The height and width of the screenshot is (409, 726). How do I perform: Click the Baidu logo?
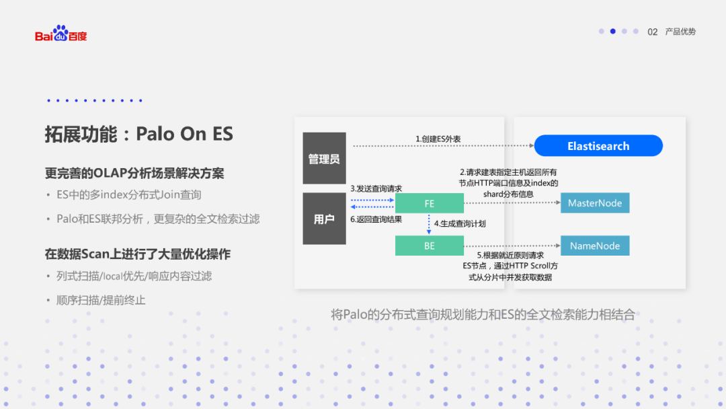(x=61, y=34)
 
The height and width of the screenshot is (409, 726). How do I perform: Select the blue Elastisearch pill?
(x=598, y=146)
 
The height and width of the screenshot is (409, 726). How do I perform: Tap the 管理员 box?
(x=324, y=159)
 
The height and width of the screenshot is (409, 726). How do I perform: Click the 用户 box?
(x=324, y=219)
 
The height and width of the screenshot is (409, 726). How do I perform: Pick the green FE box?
(x=429, y=203)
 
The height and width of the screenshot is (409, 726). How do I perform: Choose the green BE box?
(x=429, y=246)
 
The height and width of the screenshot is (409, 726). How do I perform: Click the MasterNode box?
(x=595, y=203)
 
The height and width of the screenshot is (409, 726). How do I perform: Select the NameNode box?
(x=595, y=246)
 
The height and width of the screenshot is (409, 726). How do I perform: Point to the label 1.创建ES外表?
(x=438, y=139)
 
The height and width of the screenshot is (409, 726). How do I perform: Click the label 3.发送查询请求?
(x=376, y=188)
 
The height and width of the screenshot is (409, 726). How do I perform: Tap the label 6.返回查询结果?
(x=376, y=219)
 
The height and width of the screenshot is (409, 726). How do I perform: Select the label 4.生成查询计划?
(x=459, y=223)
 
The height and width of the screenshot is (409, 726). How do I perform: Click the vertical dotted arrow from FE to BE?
(x=430, y=224)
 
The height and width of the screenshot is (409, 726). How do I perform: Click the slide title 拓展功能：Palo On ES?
(x=138, y=134)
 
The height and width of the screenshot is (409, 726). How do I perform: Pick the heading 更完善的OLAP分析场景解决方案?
(x=134, y=174)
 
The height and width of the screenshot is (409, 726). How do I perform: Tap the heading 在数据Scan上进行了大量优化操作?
(x=137, y=254)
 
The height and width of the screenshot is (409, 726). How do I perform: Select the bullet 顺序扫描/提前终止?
(x=101, y=300)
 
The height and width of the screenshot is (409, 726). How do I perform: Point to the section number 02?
(x=652, y=32)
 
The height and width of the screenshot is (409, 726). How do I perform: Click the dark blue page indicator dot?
(x=613, y=31)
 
